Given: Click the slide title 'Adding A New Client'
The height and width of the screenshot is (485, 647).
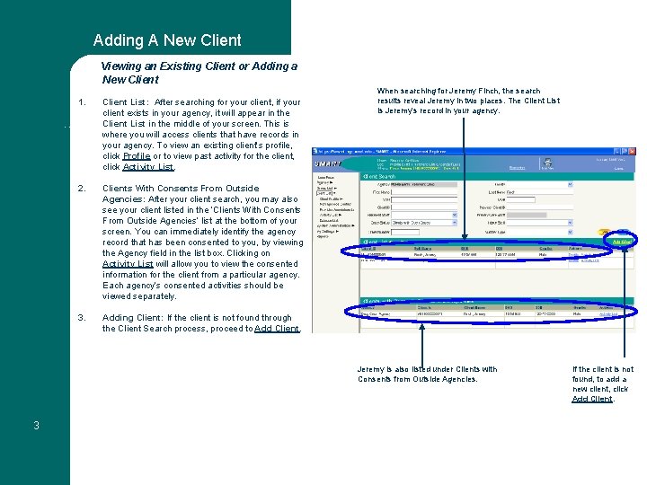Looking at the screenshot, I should coord(167,40).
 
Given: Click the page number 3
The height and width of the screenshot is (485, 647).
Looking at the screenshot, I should coord(36,425).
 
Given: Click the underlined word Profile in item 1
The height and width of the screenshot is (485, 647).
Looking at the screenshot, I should coord(137,156).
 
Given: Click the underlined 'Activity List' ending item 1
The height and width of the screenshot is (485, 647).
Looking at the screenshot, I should coord(148,167).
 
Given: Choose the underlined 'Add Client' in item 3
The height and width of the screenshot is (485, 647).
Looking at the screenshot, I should coord(277,329).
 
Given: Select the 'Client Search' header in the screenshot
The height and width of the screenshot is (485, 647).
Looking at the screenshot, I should coord(385,177).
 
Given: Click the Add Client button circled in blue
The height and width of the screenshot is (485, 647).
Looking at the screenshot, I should coord(622,242).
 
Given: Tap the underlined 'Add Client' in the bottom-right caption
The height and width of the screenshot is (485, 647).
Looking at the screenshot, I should coord(592,399).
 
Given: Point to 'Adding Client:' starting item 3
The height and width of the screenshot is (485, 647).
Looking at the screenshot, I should coord(132,318).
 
